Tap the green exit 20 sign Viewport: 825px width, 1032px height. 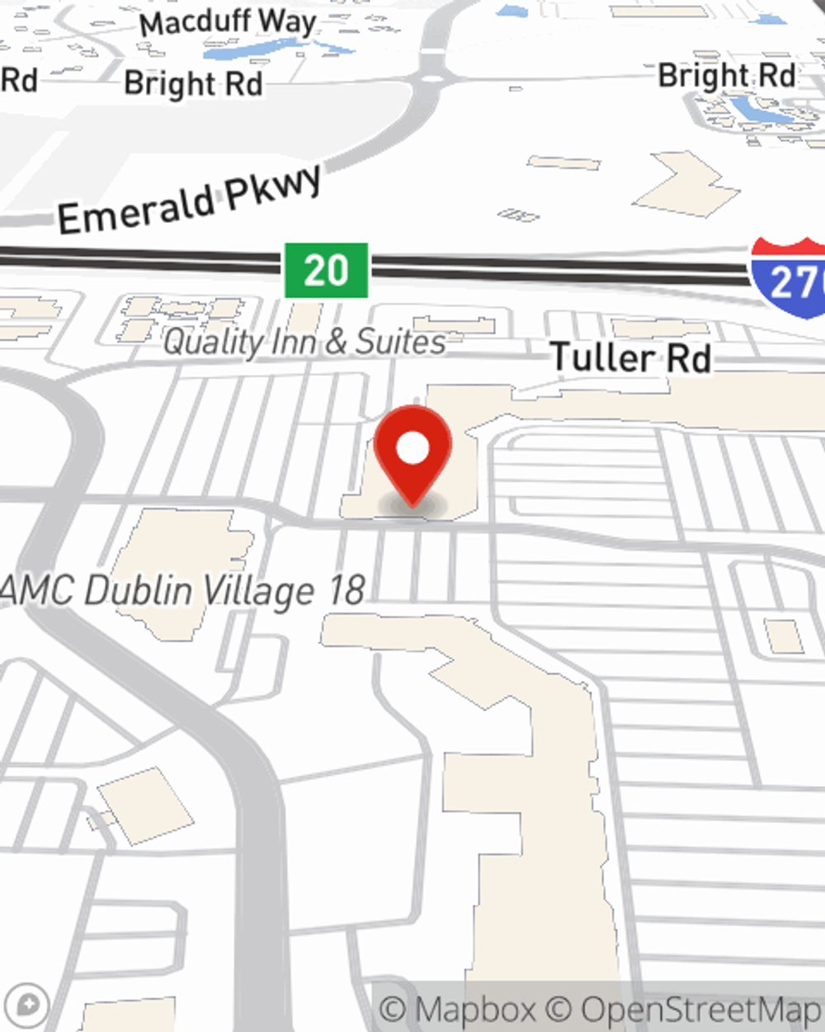click(x=326, y=270)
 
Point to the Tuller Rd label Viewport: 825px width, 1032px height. click(x=630, y=357)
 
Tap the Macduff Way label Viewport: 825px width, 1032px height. click(x=227, y=22)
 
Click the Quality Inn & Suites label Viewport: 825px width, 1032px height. click(x=304, y=342)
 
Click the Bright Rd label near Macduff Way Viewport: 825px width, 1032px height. click(x=193, y=83)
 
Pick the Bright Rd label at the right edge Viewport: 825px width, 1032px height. click(x=727, y=76)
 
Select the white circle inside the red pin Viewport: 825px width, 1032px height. click(x=412, y=448)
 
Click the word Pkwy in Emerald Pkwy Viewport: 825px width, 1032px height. click(x=272, y=187)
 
